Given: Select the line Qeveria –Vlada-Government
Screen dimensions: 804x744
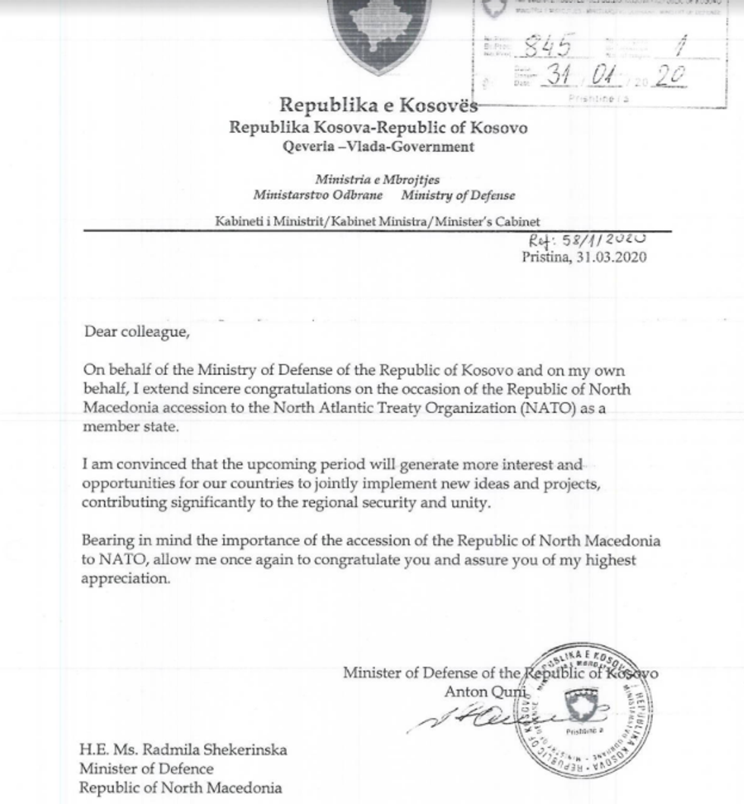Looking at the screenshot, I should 378,147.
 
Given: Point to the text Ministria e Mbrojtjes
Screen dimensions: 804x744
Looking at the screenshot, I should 377,180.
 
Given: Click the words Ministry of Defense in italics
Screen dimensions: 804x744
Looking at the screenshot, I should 458,195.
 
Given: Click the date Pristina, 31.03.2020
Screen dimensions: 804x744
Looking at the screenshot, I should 584,257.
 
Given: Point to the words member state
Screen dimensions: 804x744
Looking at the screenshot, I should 121,427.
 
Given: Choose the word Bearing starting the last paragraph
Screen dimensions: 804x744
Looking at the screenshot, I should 106,541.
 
